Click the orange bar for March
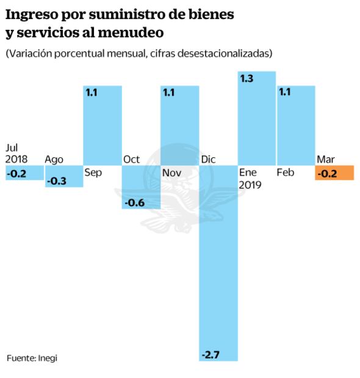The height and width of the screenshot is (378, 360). pos(334,173)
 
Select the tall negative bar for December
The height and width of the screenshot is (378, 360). pos(218,262)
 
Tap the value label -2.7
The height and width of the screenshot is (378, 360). pos(211,354)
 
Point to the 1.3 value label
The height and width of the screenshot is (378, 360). pos(247,79)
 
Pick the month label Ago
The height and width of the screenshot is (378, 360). pos(54,160)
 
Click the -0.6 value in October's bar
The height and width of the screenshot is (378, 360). pos(134,202)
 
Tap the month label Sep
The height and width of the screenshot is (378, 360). pos(93,173)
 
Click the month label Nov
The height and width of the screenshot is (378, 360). pos(171,173)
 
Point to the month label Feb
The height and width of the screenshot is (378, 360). pos(286,173)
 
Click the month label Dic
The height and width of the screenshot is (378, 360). pos(208,160)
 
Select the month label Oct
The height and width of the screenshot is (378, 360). pos(131,160)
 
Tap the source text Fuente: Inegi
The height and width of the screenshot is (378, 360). pos(32,358)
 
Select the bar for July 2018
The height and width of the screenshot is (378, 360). pos(23,173)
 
